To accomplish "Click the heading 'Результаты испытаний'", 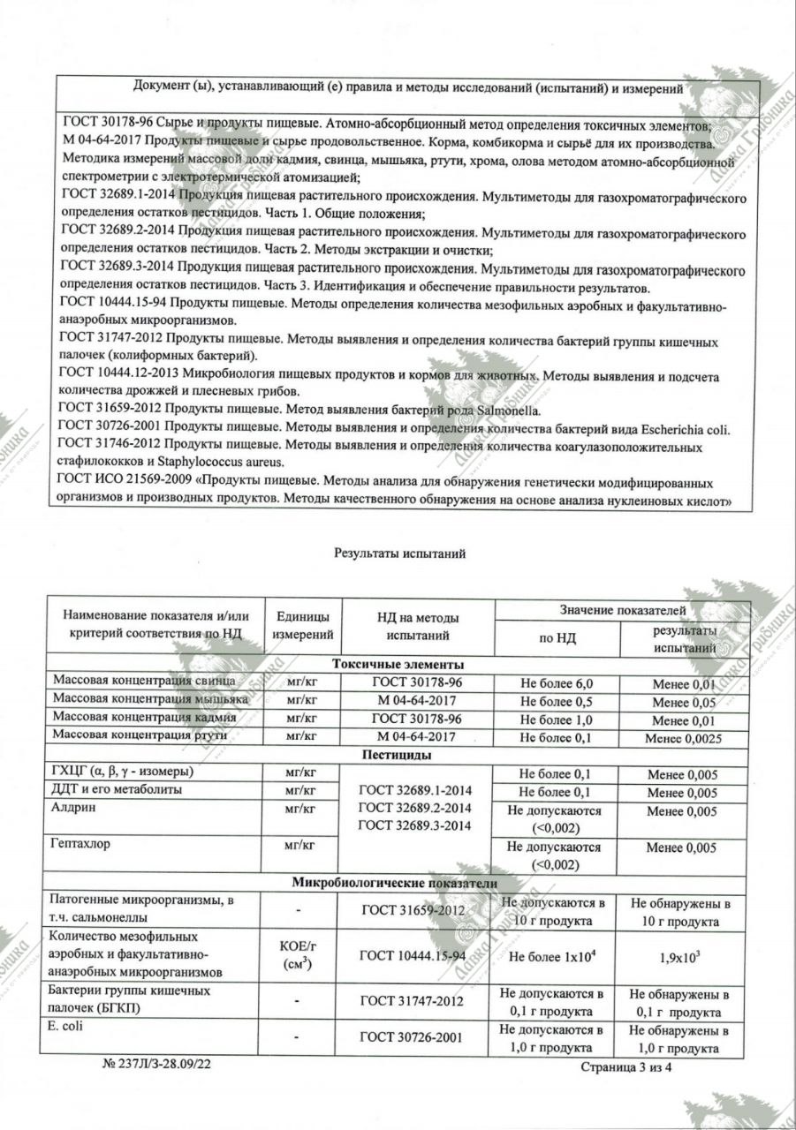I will tap(399, 554).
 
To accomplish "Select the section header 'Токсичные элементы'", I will tap(398, 665).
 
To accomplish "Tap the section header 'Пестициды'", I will tap(398, 756).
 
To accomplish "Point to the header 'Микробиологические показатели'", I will tap(398, 883).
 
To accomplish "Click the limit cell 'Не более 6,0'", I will tap(556, 683).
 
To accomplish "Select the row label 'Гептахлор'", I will tap(81, 845).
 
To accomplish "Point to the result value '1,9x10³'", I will tap(682, 955).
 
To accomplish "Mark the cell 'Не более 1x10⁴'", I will tap(556, 955).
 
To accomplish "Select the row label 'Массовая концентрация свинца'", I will tap(144, 682).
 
